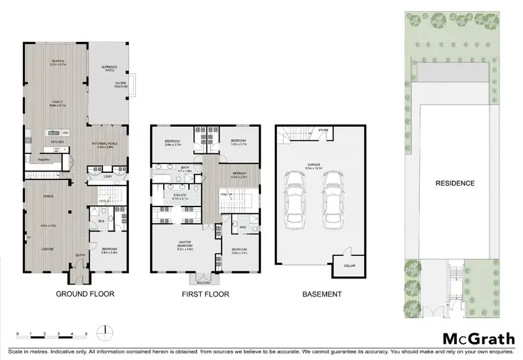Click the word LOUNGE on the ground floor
point(48,249)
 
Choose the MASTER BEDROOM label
point(184,245)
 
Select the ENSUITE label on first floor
point(181,197)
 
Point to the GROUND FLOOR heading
point(85,294)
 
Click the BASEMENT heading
point(322,294)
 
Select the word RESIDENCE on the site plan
point(455,183)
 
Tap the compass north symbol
point(105,329)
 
